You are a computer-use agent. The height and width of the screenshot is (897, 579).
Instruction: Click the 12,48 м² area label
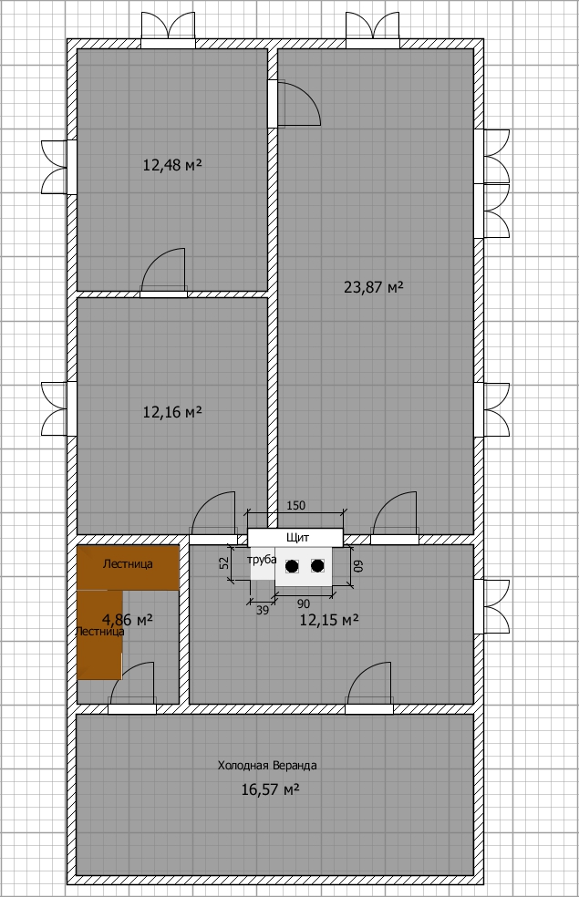[x=172, y=165]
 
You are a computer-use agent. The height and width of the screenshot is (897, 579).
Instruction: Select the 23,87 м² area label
[x=374, y=286]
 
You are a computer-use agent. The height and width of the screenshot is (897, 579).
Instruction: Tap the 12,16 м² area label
[x=172, y=412]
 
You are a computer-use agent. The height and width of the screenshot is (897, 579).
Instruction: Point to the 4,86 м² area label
[x=127, y=620]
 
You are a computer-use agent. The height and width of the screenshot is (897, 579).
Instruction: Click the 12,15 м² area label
[x=329, y=620]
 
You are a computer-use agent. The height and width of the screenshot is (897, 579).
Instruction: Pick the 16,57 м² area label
[x=271, y=790]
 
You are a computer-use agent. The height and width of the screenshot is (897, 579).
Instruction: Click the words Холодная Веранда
[x=267, y=766]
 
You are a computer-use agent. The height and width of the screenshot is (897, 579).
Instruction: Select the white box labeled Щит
[x=295, y=537]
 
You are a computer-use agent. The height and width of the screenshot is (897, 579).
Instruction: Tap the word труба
[x=262, y=560]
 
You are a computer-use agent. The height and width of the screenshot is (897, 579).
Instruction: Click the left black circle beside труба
[x=293, y=566]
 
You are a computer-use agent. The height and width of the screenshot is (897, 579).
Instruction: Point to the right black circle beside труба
[x=317, y=566]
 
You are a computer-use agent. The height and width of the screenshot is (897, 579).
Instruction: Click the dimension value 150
[x=295, y=505]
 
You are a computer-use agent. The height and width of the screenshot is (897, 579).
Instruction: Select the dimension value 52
[x=224, y=563]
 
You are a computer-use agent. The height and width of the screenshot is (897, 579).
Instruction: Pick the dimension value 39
[x=262, y=611]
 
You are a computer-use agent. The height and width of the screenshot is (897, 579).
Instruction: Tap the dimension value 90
[x=304, y=604]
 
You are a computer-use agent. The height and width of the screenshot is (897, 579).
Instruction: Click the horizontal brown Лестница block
[x=129, y=568]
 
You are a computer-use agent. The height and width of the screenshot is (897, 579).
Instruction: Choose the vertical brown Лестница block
[x=99, y=635]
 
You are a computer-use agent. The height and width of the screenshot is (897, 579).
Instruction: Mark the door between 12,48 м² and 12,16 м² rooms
[x=164, y=273]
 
